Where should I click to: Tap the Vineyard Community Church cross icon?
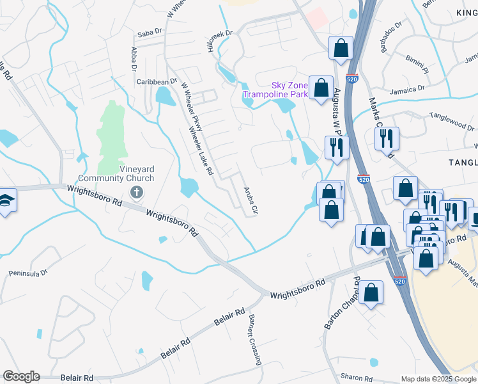136,192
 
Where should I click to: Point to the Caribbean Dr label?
157,82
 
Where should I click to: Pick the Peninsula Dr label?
28,273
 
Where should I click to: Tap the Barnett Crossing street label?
255,340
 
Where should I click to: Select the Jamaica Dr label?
409,89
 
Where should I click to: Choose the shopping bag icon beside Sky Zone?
321,88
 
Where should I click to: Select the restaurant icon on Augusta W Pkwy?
336,147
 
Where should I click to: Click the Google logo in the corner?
20,376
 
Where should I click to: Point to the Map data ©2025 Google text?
438,380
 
